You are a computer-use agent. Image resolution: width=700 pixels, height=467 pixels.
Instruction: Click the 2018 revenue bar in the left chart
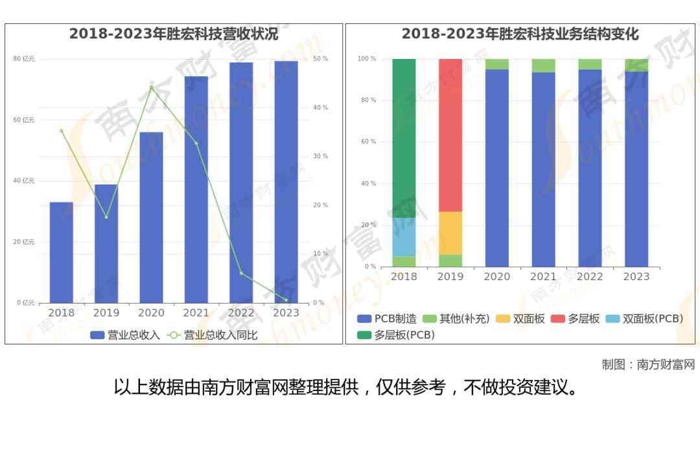click(x=61, y=252)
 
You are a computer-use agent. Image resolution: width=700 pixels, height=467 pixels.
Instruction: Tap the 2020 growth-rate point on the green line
click(x=151, y=87)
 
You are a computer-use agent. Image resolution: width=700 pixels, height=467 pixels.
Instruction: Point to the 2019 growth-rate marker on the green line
click(x=106, y=217)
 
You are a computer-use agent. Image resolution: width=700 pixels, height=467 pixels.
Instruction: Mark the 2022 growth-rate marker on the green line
click(x=241, y=273)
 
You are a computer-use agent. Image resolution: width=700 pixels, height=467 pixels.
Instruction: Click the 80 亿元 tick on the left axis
click(x=24, y=59)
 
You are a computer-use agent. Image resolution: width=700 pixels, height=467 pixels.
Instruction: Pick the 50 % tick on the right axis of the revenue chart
click(x=320, y=59)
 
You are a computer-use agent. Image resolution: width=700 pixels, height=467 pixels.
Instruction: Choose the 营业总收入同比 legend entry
click(x=213, y=335)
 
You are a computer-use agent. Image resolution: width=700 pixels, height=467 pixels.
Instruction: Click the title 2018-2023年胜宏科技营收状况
click(x=174, y=34)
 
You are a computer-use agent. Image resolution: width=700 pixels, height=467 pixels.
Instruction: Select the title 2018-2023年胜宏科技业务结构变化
click(x=520, y=34)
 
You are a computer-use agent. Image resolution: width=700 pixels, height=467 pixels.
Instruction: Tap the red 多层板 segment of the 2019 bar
click(x=450, y=135)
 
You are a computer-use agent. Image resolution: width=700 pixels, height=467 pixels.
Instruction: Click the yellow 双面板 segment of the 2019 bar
click(x=450, y=233)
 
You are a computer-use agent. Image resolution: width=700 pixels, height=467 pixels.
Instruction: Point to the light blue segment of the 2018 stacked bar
click(x=404, y=237)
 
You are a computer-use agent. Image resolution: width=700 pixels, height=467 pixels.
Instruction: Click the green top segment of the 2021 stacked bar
click(x=543, y=65)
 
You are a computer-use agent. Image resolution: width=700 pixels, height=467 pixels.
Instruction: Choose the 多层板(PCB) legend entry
click(x=396, y=335)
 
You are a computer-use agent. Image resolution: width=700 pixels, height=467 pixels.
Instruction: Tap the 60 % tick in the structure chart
click(x=368, y=141)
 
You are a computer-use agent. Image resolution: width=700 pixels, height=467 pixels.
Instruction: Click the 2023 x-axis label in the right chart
click(x=636, y=277)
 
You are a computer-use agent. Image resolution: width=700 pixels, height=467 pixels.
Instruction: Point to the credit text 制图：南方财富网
click(x=647, y=365)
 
